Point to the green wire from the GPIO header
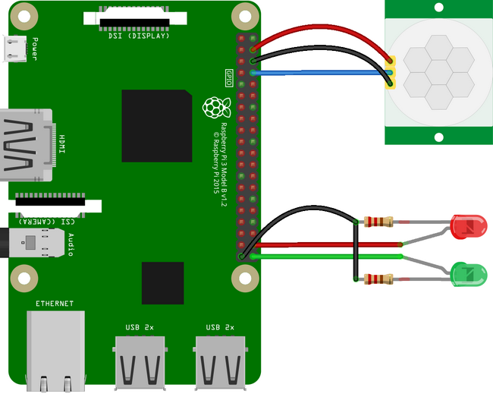[326, 257]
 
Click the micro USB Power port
[14, 49]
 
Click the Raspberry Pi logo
[215, 107]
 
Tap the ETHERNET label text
[55, 304]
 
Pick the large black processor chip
[156, 125]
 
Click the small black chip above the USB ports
[162, 282]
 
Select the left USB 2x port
[140, 363]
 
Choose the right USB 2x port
[220, 363]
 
